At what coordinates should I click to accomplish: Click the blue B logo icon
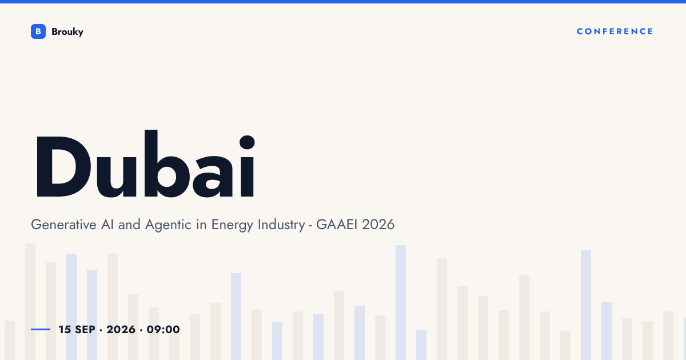(x=38, y=31)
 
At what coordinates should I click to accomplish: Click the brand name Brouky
(x=67, y=32)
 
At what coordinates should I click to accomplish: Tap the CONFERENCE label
(x=615, y=31)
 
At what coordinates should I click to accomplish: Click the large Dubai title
(x=145, y=163)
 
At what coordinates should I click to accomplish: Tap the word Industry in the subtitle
(x=281, y=225)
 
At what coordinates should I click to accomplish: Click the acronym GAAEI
(x=337, y=225)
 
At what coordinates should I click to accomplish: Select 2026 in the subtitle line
(x=378, y=225)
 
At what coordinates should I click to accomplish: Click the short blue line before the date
(x=41, y=329)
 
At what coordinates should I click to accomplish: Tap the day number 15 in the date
(x=65, y=330)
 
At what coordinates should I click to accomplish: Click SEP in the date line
(x=85, y=330)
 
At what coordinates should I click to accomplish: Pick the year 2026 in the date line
(x=121, y=330)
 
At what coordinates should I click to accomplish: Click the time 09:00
(x=163, y=330)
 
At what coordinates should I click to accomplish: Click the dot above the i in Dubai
(x=247, y=142)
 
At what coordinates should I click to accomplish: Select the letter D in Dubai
(x=63, y=166)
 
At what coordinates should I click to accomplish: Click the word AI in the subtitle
(x=107, y=225)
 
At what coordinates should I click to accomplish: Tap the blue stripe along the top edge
(x=343, y=2)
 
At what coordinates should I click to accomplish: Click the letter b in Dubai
(x=167, y=163)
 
